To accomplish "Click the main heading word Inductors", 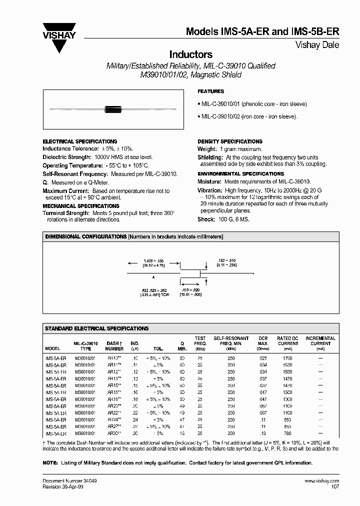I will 191,54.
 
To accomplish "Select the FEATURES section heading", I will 211,91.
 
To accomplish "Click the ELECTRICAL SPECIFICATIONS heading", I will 80,141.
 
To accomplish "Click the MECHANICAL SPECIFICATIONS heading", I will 81,205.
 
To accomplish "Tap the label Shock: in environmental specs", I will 206,219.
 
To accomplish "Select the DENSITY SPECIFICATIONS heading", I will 230,141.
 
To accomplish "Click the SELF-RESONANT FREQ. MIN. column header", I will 231,341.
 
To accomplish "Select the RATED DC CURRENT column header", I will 287,341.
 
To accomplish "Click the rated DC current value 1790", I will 287,358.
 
